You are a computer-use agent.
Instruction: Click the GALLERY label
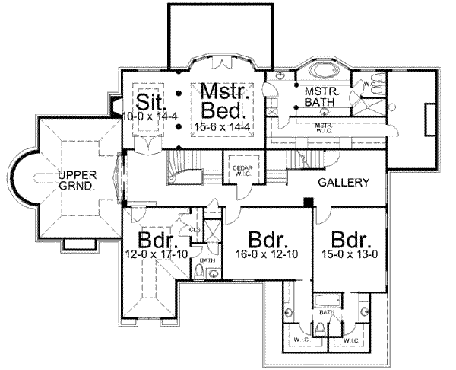pyautogui.click(x=344, y=183)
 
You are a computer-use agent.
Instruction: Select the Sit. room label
pyautogui.click(x=147, y=100)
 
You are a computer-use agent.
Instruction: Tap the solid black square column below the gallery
pyautogui.click(x=308, y=203)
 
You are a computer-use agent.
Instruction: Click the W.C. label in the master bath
pyautogui.click(x=368, y=84)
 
